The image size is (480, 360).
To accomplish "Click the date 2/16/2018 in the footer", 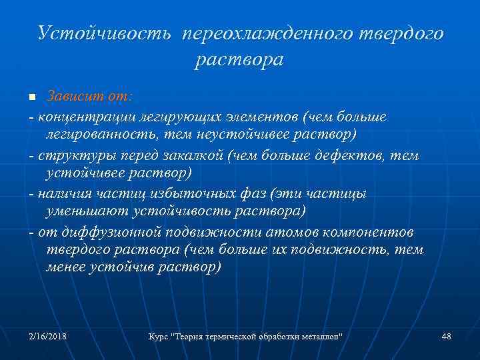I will (47, 337).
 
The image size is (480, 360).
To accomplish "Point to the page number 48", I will (446, 337).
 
